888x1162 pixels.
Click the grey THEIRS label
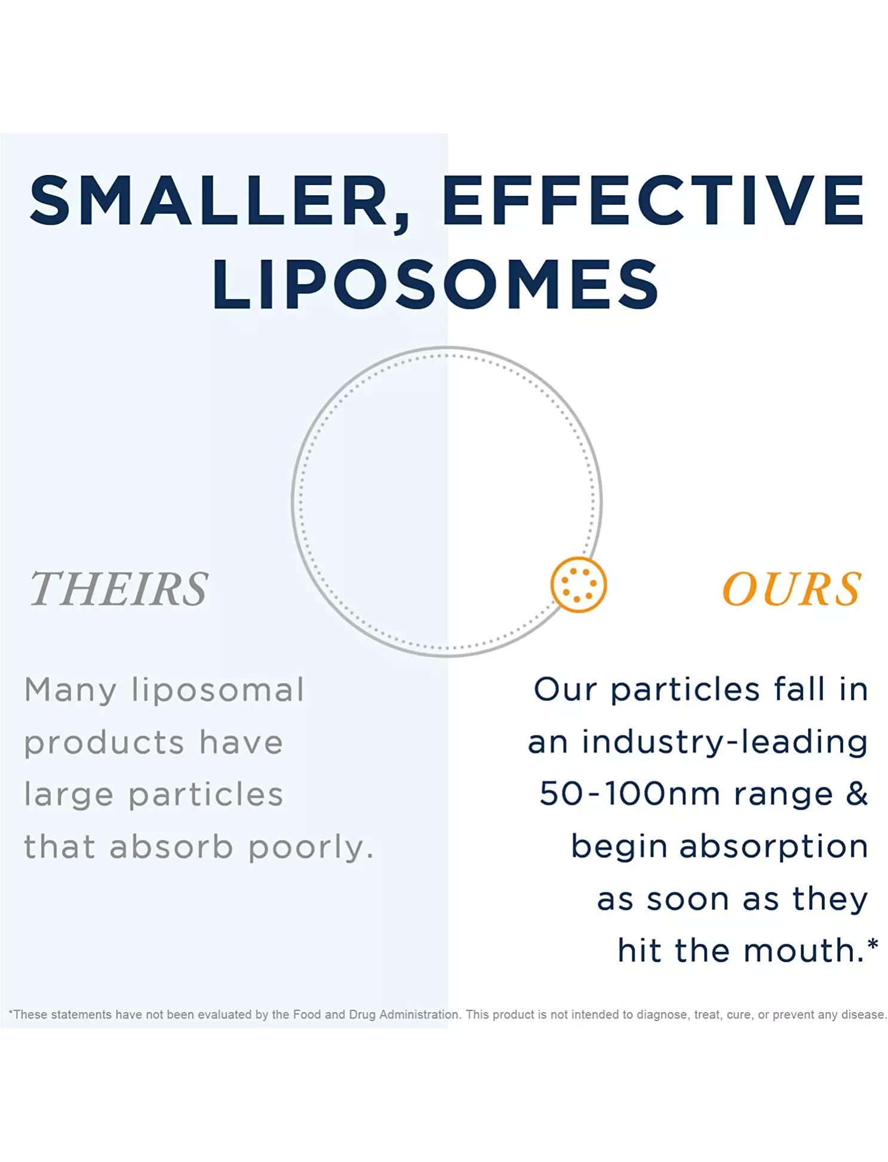[x=119, y=589]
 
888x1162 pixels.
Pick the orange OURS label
[x=792, y=589]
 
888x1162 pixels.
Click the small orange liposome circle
[x=578, y=585]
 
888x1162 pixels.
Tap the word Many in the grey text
[x=70, y=691]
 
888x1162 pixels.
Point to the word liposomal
[x=218, y=691]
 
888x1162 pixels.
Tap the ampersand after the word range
[x=856, y=794]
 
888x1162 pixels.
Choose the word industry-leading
[x=724, y=743]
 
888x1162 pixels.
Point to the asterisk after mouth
[x=872, y=943]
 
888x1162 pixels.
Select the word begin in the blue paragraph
[x=619, y=847]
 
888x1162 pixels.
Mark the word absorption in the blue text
[x=773, y=847]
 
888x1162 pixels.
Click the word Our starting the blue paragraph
[x=564, y=690]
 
